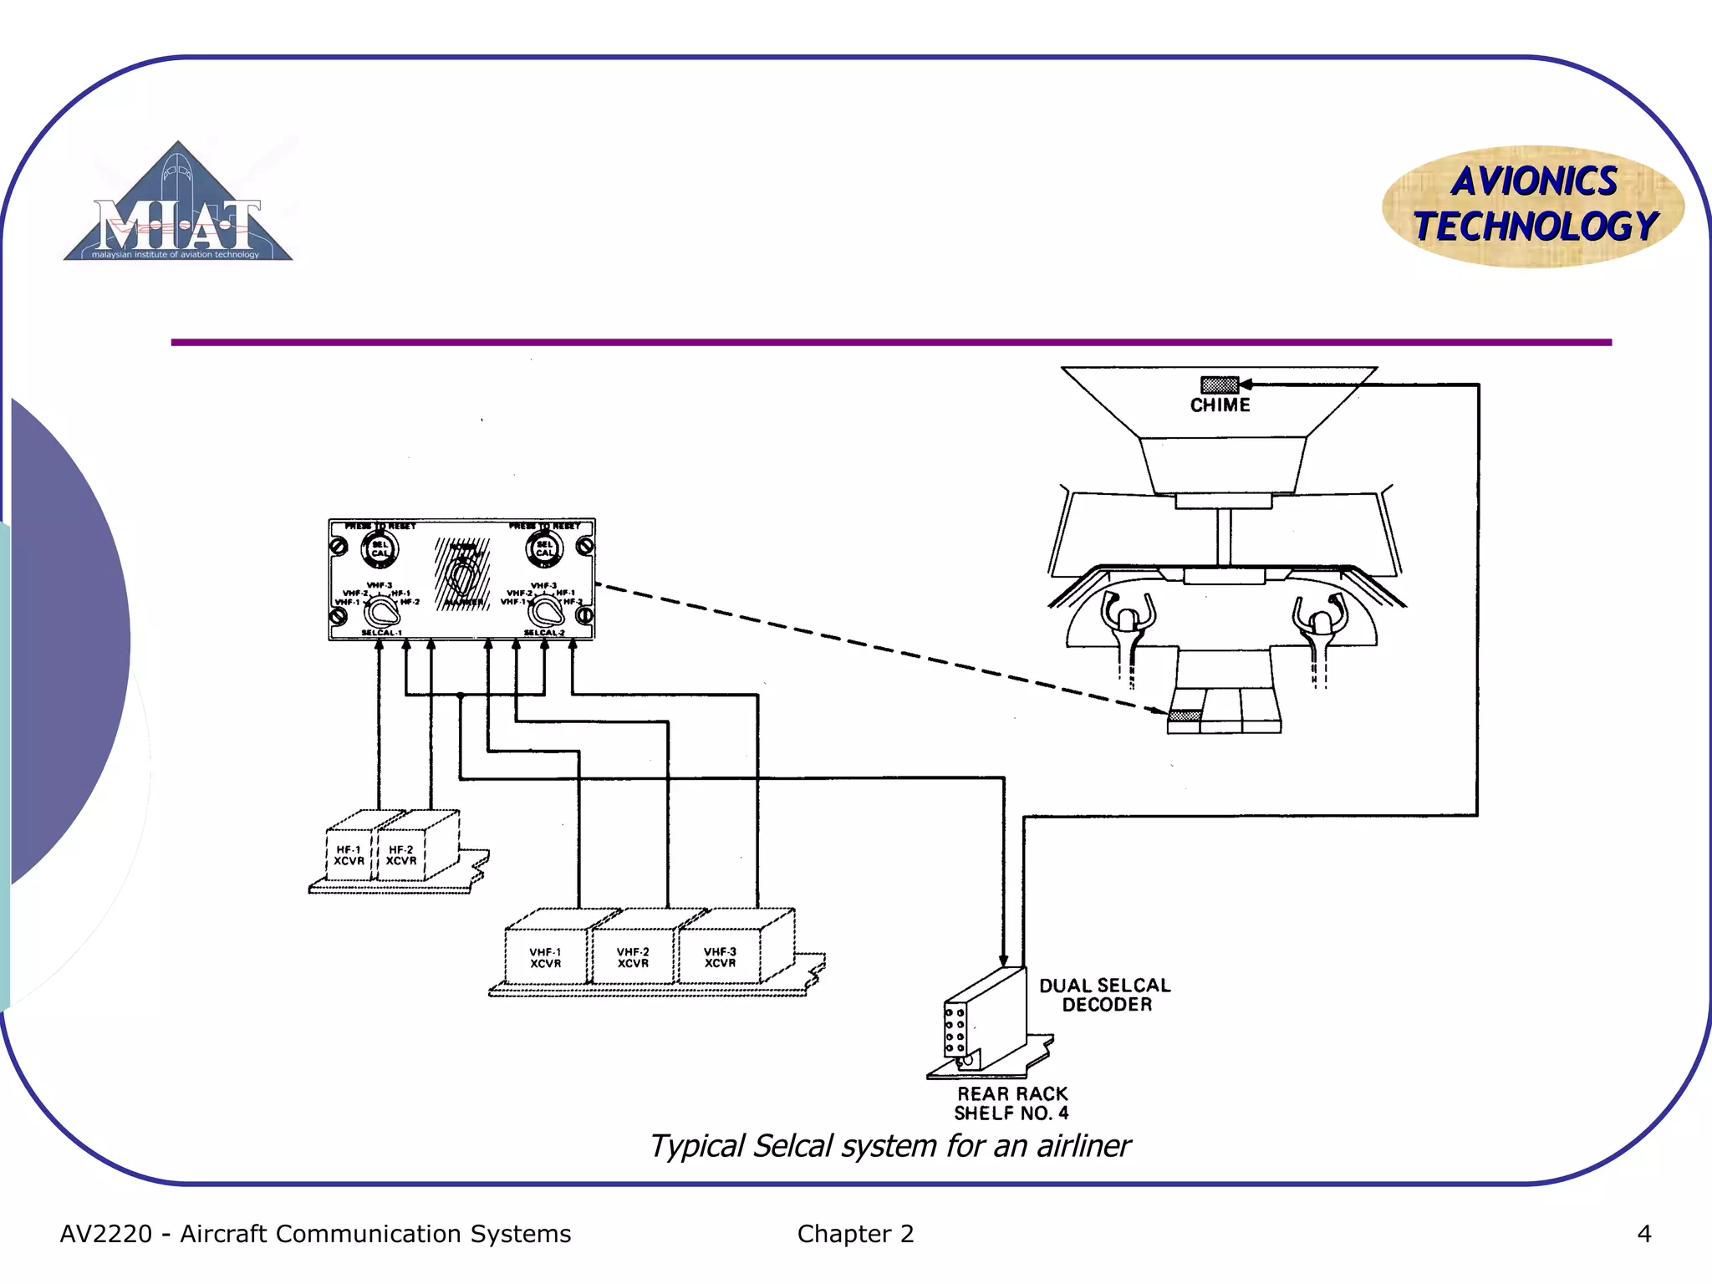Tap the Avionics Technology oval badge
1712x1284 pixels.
click(1533, 206)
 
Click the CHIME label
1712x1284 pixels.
click(1220, 405)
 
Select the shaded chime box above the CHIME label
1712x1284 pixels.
click(1219, 385)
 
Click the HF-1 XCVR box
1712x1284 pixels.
click(349, 855)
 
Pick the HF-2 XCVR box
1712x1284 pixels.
click(401, 855)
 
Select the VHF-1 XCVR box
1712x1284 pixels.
click(545, 958)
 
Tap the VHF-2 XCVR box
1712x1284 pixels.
click(633, 958)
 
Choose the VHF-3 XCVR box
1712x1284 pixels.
click(720, 957)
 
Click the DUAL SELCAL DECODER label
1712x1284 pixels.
click(1105, 995)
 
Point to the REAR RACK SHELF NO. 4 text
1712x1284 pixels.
click(1012, 1103)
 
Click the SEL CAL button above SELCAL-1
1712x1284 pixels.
click(380, 549)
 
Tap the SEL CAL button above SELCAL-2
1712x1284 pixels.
click(544, 549)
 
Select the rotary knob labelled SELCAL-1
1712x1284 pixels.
click(382, 611)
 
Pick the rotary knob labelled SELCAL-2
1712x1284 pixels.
click(546, 611)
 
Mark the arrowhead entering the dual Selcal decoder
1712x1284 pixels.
click(1003, 961)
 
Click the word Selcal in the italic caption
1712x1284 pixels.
click(793, 1146)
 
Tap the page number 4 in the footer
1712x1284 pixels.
click(1643, 1234)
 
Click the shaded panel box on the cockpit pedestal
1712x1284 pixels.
click(1184, 716)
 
